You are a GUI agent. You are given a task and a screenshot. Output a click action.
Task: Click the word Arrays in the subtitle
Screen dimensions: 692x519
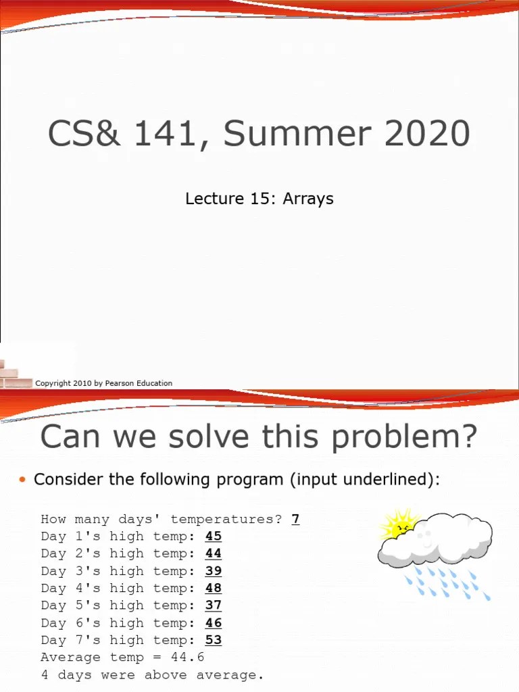pos(308,199)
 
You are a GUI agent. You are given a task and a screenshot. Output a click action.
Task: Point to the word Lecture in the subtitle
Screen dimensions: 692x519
pos(214,199)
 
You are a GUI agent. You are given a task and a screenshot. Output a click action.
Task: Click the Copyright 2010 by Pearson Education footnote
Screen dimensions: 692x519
pos(103,383)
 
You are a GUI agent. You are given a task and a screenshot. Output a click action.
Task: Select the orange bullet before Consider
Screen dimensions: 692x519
pos(22,480)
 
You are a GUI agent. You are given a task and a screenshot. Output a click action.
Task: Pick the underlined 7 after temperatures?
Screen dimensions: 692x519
pos(295,519)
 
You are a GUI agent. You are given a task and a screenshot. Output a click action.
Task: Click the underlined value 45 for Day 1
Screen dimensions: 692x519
pos(214,537)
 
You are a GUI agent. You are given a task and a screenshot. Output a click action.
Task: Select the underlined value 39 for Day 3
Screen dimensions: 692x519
pos(214,571)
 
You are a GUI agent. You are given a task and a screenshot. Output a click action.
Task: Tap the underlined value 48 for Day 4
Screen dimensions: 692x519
pos(214,589)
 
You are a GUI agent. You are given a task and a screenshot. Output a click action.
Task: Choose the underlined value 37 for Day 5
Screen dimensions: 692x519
pos(214,605)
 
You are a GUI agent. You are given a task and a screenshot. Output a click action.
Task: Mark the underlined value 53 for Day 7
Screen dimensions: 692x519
pos(214,640)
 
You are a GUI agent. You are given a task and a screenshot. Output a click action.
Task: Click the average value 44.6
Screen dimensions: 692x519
pos(187,658)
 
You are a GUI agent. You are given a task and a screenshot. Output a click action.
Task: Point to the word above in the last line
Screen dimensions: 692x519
pos(165,675)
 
